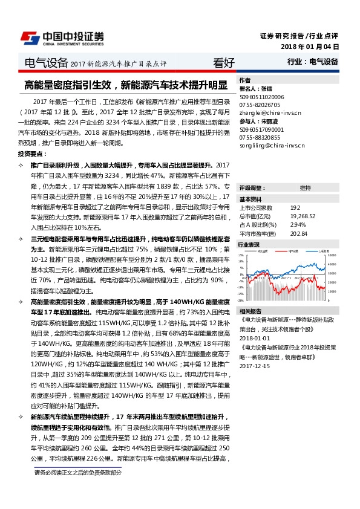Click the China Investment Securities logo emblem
(x=30, y=37)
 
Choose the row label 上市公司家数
(x=257, y=207)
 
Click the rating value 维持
(x=305, y=188)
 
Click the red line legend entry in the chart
(x=264, y=251)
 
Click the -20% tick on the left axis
(x=241, y=299)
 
